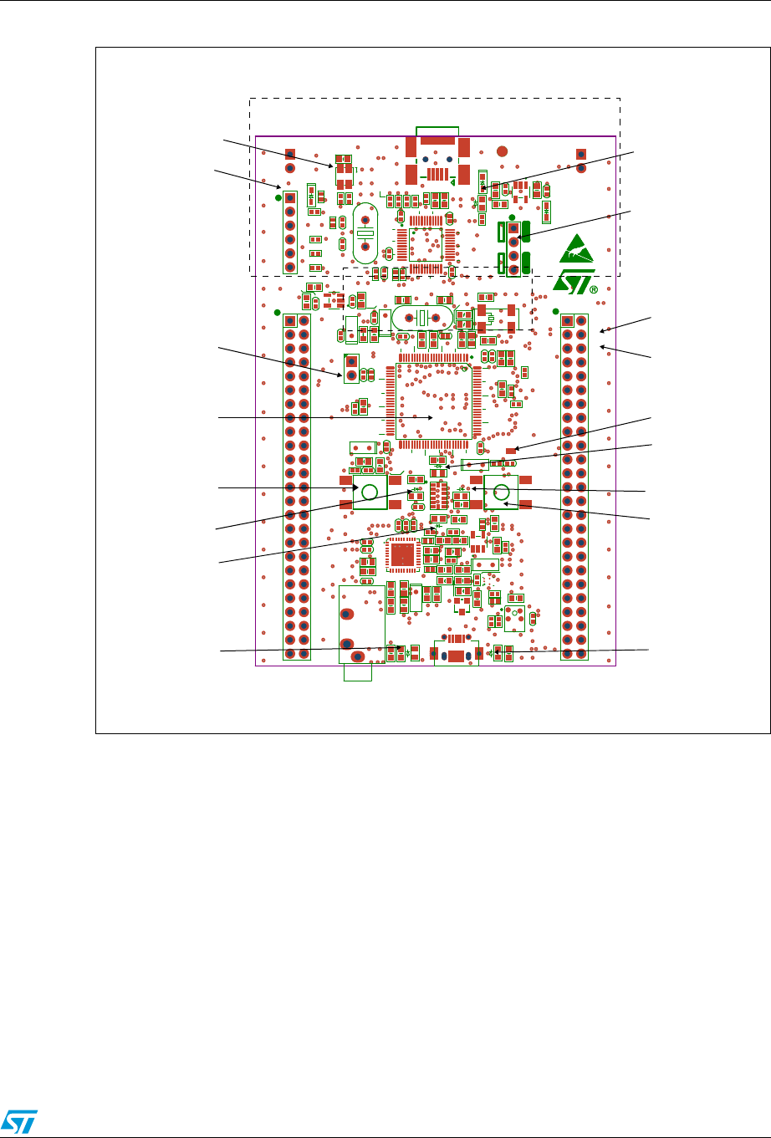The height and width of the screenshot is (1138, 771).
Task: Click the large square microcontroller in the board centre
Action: [432, 400]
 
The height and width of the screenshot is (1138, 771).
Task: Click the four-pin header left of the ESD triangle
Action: [513, 248]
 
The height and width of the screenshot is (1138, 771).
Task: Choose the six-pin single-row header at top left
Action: [290, 232]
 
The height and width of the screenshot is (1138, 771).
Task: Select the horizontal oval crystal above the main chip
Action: [422, 318]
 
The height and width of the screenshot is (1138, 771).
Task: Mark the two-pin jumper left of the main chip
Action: [351, 367]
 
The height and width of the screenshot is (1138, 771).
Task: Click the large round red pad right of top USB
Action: [503, 152]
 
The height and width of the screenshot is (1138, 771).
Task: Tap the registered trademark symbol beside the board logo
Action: [594, 290]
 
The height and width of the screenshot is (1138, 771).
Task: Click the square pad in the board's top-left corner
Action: [289, 155]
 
